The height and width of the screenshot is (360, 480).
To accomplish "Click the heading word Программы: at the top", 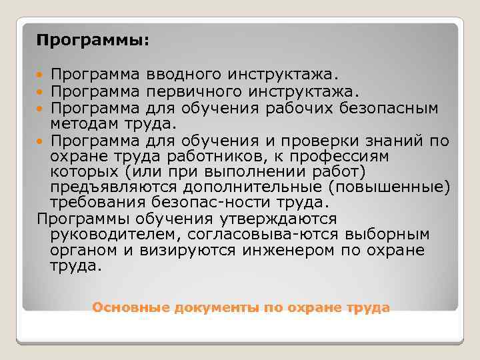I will tap(93, 41).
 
